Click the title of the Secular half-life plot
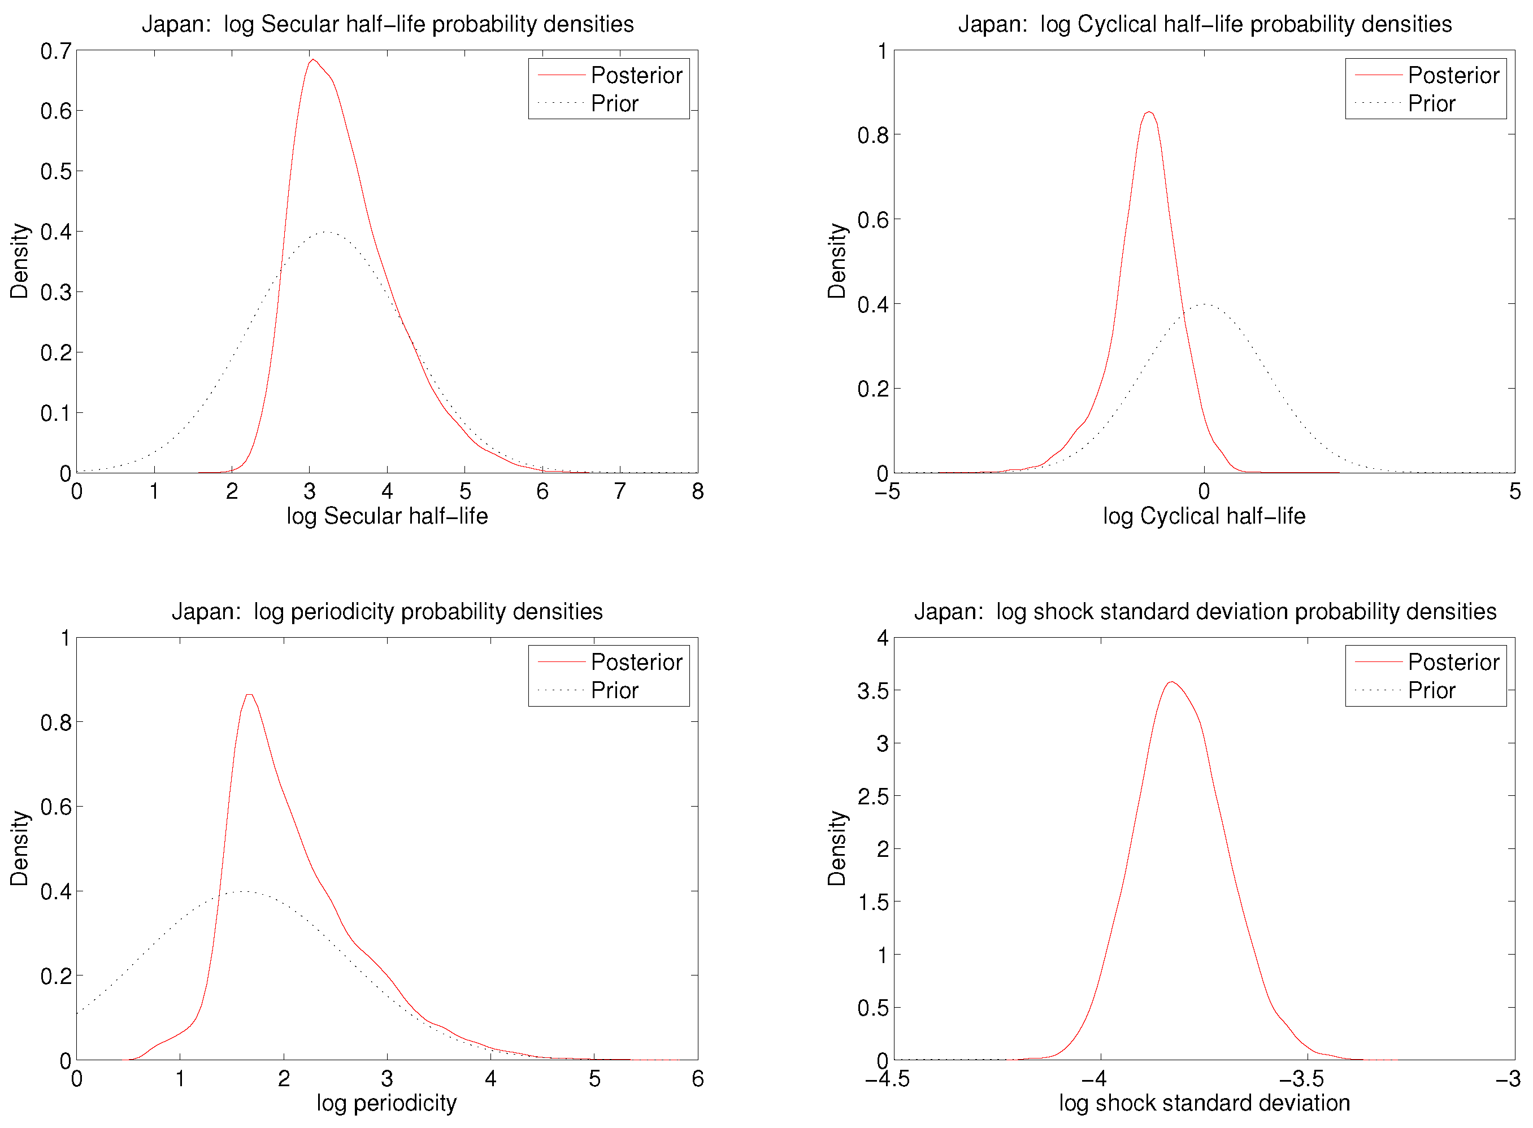pyautogui.click(x=388, y=24)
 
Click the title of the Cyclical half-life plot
pyautogui.click(x=1204, y=24)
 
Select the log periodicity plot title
pyautogui.click(x=388, y=611)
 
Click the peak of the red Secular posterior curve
pyautogui.click(x=313, y=60)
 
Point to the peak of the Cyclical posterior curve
pyautogui.click(x=1150, y=112)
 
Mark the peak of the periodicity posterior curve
pyautogui.click(x=249, y=695)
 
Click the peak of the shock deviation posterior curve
pyautogui.click(x=1171, y=682)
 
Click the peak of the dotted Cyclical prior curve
pyautogui.click(x=1204, y=304)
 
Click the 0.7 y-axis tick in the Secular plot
pyautogui.click(x=55, y=51)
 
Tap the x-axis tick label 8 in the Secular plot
pyautogui.click(x=697, y=491)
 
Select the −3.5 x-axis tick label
pyautogui.click(x=1301, y=1079)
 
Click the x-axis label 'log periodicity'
pyautogui.click(x=386, y=1103)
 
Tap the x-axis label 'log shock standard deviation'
pyautogui.click(x=1204, y=1103)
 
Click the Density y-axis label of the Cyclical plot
pyautogui.click(x=837, y=261)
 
